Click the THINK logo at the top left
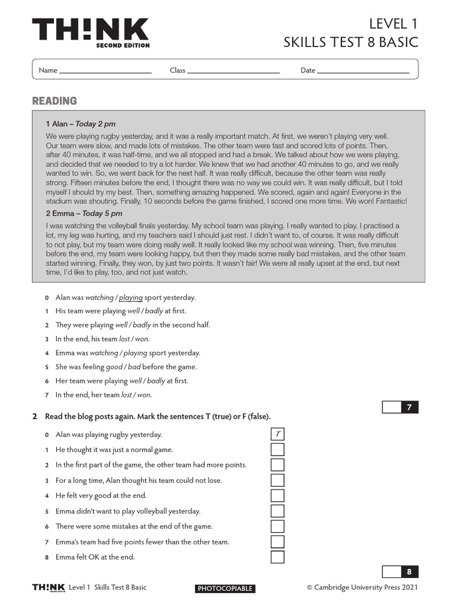tap(90, 32)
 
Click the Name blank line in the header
tap(105, 71)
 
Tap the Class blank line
tap(233, 71)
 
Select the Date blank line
tap(364, 71)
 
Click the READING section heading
tap(55, 101)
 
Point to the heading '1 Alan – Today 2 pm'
tap(80, 124)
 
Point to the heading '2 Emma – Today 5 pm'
tap(83, 213)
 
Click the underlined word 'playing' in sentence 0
tap(130, 297)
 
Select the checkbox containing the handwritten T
tap(277, 434)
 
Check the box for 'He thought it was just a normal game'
tap(277, 450)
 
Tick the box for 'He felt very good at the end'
tap(277, 496)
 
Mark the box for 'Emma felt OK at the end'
tap(277, 557)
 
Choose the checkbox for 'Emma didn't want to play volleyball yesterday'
tap(277, 511)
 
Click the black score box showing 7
tap(409, 407)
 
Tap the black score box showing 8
tap(409, 571)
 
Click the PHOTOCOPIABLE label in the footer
tap(225, 588)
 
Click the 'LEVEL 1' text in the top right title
tap(393, 24)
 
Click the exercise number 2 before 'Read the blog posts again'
tap(35, 417)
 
